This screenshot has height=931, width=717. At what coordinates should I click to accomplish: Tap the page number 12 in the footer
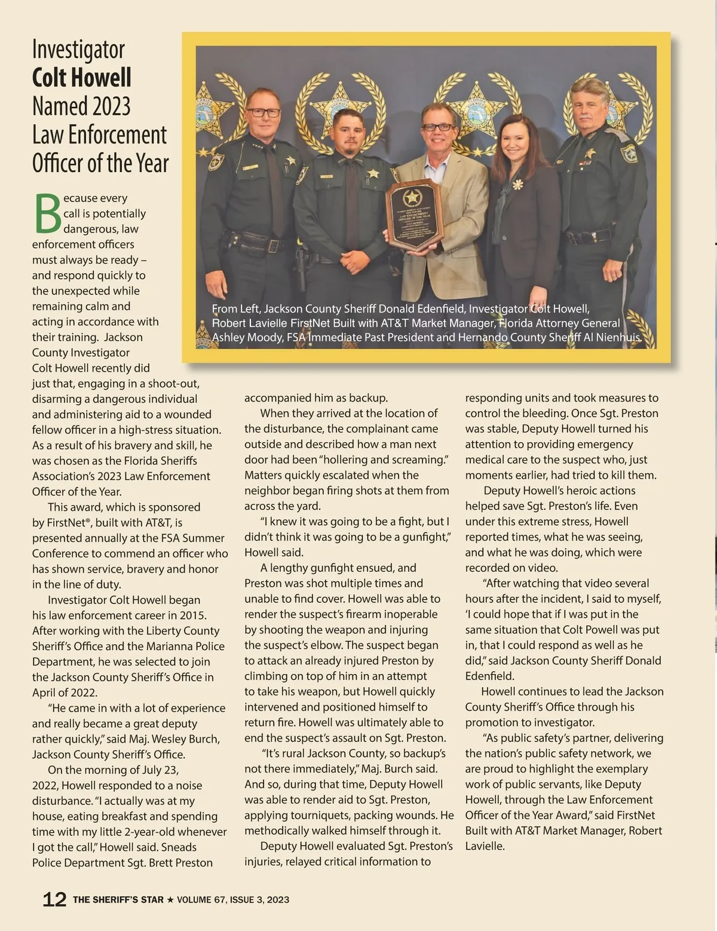click(x=54, y=899)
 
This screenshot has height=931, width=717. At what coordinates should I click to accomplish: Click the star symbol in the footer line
click(x=170, y=899)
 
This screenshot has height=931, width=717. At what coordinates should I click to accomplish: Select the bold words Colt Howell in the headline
click(x=82, y=78)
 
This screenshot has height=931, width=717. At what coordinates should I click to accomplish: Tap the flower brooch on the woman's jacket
click(x=517, y=185)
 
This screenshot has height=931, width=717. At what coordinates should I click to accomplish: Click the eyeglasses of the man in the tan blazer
click(x=437, y=127)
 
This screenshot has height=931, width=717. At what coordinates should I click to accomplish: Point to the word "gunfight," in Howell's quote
click(x=427, y=537)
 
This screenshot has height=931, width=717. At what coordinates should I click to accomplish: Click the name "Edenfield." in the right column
click(x=490, y=676)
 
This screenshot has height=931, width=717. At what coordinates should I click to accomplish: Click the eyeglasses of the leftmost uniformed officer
click(x=263, y=112)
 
